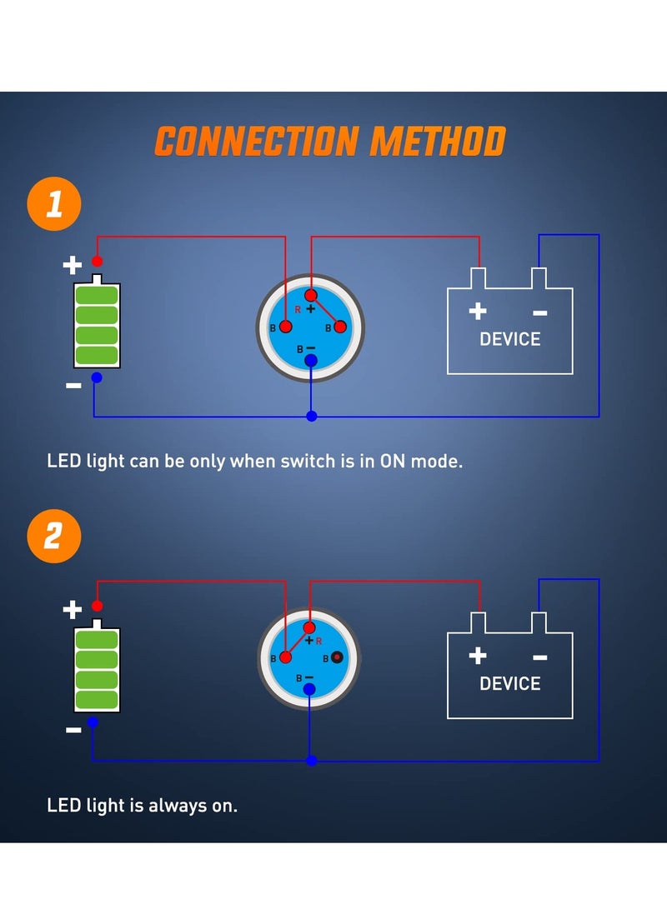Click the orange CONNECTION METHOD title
[330, 142]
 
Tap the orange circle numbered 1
[54, 203]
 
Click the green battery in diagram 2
[98, 670]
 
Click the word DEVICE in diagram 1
[509, 339]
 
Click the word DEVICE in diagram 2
[509, 683]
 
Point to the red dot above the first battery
[98, 262]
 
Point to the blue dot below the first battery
[97, 377]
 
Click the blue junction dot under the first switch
[311, 416]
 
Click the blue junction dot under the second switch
[311, 761]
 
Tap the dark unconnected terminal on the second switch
[337, 657]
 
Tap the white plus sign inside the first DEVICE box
[477, 312]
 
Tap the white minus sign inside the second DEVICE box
[539, 657]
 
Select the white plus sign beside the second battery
[73, 610]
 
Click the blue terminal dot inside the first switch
[311, 359]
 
